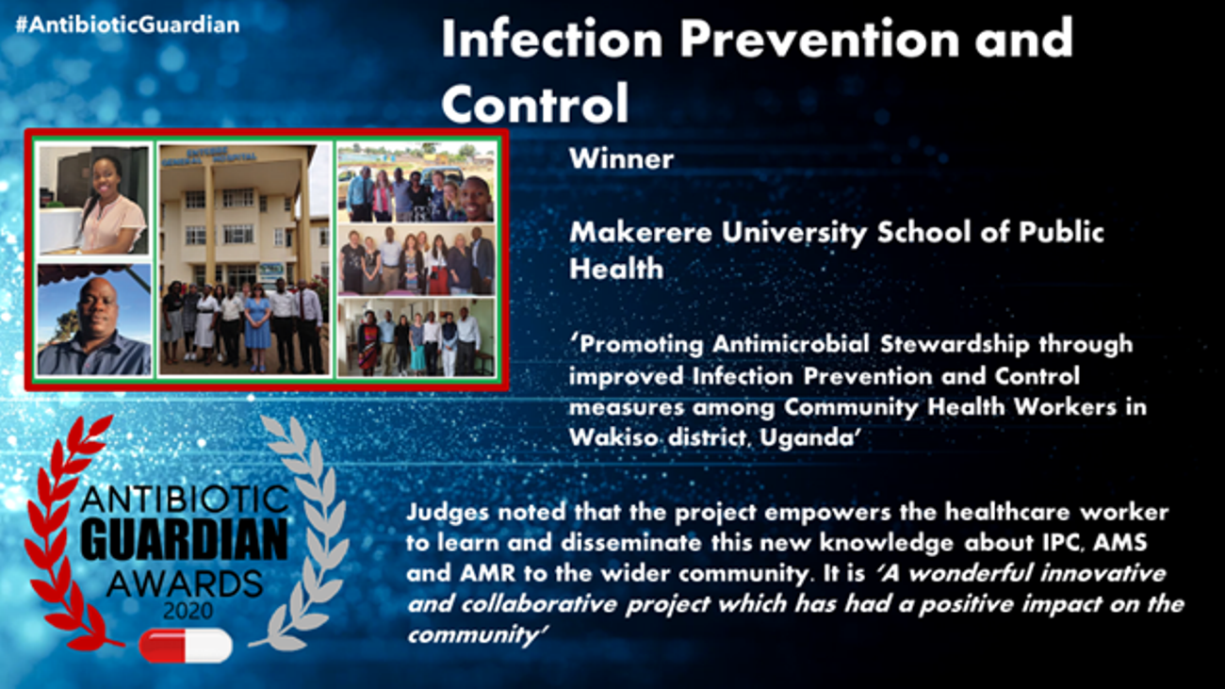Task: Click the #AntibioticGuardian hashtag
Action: (x=127, y=25)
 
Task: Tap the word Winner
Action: (x=621, y=159)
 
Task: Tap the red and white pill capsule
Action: (x=186, y=646)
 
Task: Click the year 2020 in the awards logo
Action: (x=188, y=610)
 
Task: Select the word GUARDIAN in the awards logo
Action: (x=187, y=540)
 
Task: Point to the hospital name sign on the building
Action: (x=209, y=156)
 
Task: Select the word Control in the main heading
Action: (x=535, y=104)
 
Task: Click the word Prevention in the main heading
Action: (x=819, y=39)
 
